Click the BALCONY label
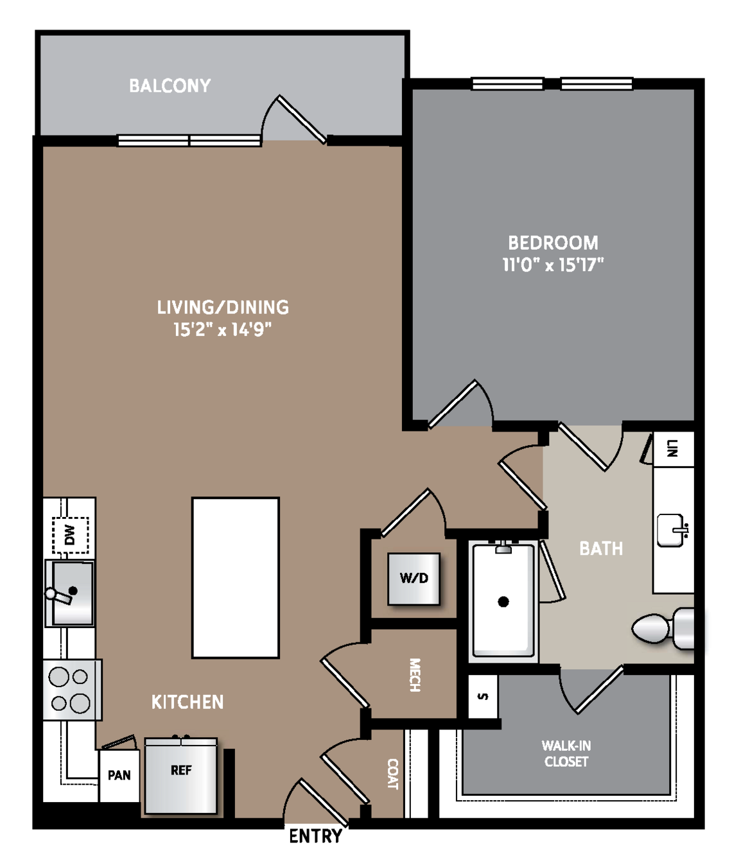[x=170, y=86]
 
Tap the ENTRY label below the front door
[x=315, y=836]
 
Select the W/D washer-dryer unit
[x=414, y=579]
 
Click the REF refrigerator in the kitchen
[x=181, y=775]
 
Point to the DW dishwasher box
[x=70, y=535]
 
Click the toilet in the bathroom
[x=663, y=629]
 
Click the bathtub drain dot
[x=503, y=602]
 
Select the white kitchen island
[x=236, y=577]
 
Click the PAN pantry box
[x=119, y=775]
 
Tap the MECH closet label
[x=415, y=674]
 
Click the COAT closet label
[x=392, y=774]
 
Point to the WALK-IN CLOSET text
[x=566, y=754]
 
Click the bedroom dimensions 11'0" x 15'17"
[x=553, y=265]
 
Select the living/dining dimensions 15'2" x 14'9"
[x=223, y=329]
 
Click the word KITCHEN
[x=187, y=702]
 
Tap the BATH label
[x=600, y=548]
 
